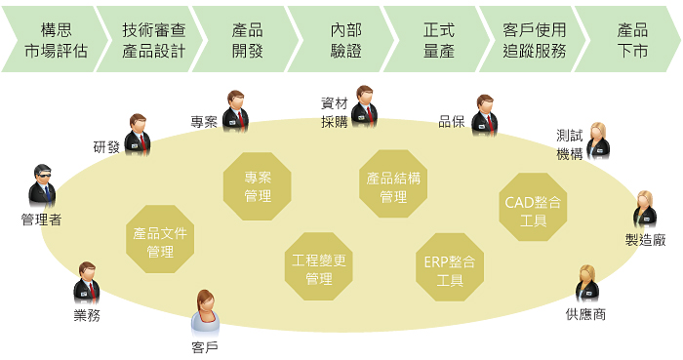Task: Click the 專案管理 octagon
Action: click(x=258, y=187)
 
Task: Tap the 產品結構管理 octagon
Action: click(x=393, y=183)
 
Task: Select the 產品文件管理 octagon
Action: click(x=160, y=239)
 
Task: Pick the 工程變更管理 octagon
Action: click(x=319, y=266)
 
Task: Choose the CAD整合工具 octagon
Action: click(x=533, y=207)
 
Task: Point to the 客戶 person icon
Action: click(x=205, y=312)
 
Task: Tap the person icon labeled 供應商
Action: click(x=586, y=285)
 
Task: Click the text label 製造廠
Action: click(x=645, y=239)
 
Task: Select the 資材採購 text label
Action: click(x=334, y=112)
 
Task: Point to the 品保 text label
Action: click(x=451, y=122)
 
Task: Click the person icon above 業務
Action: click(x=86, y=282)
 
